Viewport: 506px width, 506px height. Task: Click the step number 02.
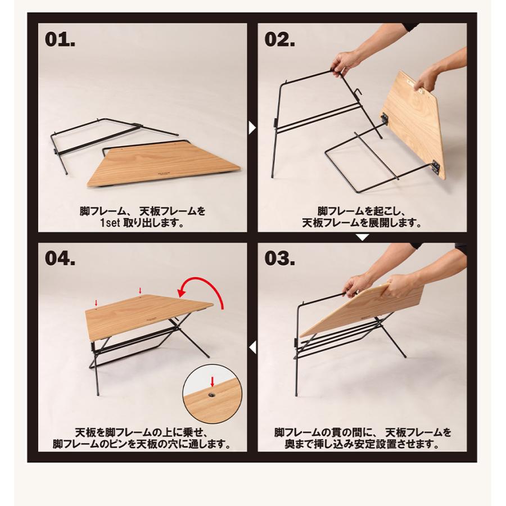(287, 40)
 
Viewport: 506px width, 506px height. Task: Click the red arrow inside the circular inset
(212, 382)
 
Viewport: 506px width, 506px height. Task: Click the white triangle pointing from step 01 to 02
(251, 128)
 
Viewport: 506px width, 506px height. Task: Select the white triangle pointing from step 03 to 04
(252, 345)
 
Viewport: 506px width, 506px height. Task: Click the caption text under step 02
(362, 217)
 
